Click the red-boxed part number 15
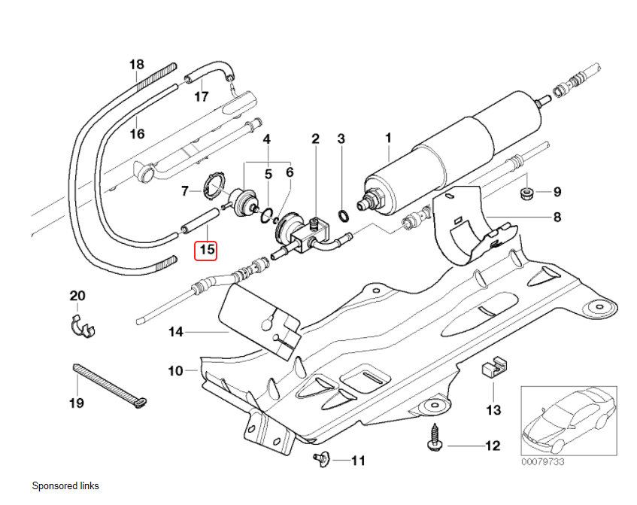(206, 249)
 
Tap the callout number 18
(136, 65)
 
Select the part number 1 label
(389, 138)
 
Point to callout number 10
(175, 371)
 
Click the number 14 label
(176, 331)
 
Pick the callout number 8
(557, 218)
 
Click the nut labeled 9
(527, 193)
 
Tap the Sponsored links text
(65, 486)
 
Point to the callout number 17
(202, 96)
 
